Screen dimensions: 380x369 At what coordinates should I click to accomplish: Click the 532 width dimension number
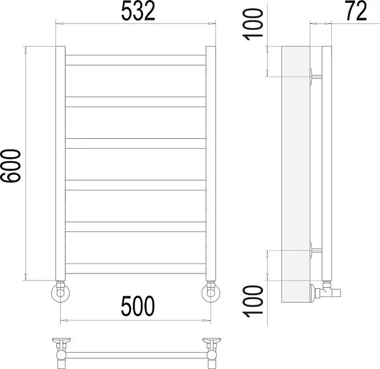[138, 11]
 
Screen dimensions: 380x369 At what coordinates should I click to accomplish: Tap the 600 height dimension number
[11, 166]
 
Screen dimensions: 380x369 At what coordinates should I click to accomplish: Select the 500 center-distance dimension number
[137, 306]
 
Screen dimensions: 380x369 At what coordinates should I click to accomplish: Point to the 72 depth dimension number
[356, 11]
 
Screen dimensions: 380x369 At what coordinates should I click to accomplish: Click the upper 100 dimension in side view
[253, 24]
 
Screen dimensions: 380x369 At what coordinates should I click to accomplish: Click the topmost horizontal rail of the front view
[136, 60]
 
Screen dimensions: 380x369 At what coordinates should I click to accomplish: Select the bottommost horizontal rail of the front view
[136, 268]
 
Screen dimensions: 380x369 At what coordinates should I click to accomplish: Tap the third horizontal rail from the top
[136, 143]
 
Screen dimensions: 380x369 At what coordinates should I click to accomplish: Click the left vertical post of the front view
[60, 163]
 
